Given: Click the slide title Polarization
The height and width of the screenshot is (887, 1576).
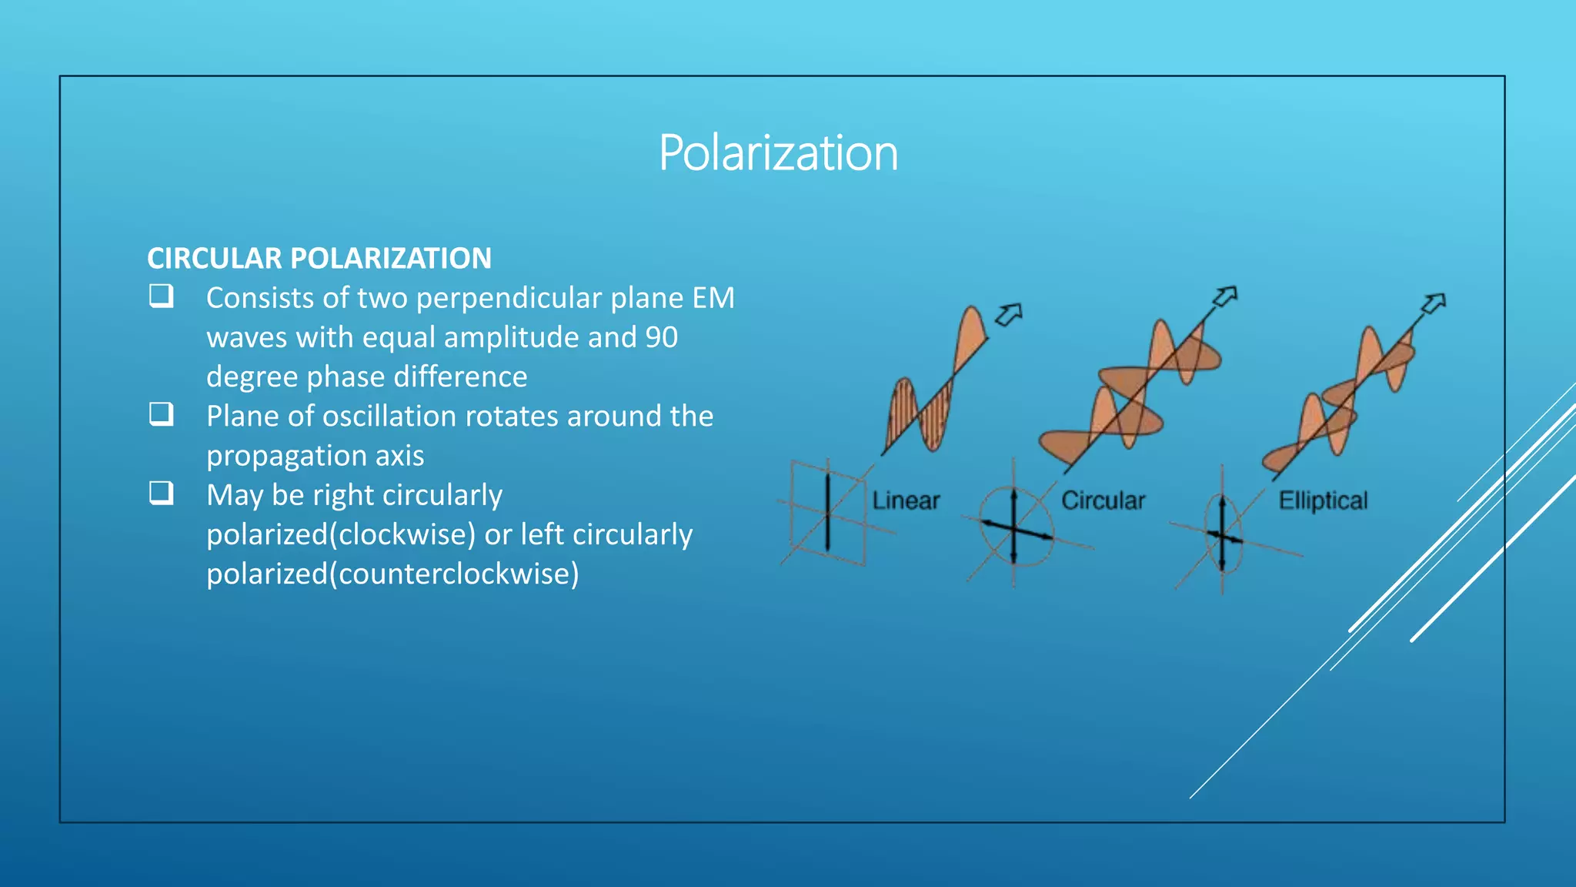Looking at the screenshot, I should (x=778, y=152).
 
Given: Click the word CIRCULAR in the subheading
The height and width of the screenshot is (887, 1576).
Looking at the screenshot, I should (x=215, y=259).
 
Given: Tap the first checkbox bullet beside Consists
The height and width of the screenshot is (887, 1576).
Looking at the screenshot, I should (x=161, y=296).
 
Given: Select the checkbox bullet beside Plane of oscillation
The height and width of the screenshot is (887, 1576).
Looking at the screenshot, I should (x=161, y=414).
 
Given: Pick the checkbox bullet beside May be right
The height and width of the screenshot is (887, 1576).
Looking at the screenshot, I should (x=161, y=493).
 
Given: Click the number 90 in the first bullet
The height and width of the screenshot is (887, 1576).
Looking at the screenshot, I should (x=661, y=338).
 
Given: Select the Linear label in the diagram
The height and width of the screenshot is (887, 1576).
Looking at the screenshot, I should (x=906, y=501).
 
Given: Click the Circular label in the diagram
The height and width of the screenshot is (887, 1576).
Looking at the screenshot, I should (x=1103, y=501).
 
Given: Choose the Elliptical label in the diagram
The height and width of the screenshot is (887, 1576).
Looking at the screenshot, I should (x=1323, y=501).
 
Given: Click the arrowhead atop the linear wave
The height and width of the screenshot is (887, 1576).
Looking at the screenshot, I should (x=1009, y=314).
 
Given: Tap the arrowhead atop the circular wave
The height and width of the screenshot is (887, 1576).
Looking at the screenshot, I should (x=1225, y=296).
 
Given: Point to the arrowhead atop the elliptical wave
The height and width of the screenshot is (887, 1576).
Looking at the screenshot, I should (x=1434, y=303).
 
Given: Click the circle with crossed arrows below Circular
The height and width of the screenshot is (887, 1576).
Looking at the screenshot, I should (x=1015, y=527).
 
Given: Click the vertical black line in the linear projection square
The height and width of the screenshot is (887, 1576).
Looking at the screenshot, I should (x=828, y=512).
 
